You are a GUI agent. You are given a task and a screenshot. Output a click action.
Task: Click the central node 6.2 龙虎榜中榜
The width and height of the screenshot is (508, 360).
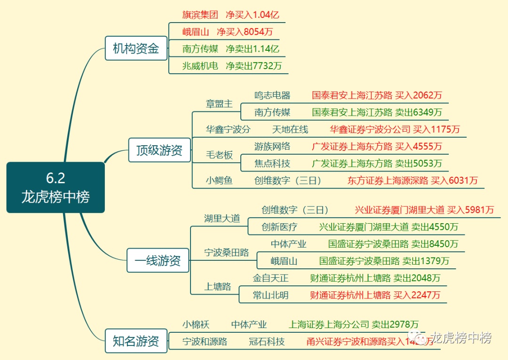(56, 187)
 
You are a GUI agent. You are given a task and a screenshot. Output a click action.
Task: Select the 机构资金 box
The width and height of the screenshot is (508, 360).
(136, 48)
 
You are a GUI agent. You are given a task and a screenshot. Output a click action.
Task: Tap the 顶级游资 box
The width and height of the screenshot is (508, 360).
(159, 150)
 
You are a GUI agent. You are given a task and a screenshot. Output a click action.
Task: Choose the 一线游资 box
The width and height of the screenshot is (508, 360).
(158, 260)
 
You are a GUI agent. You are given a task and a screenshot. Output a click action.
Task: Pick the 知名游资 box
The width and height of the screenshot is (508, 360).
(136, 341)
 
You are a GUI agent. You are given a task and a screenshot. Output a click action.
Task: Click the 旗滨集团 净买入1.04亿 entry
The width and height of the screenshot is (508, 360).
(227, 15)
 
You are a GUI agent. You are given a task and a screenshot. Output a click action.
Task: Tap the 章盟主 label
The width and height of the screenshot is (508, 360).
(219, 104)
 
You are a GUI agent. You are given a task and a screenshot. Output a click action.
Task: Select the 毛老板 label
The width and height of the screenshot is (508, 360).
(219, 155)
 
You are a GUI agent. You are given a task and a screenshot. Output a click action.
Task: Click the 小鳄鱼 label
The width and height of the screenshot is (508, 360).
(219, 180)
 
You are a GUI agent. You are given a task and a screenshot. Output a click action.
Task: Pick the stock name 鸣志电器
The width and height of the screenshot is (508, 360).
(272, 95)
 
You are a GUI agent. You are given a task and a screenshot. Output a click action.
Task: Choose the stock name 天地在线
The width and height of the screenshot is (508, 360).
(290, 129)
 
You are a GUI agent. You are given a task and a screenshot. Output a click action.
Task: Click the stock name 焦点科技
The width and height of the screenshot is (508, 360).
(272, 164)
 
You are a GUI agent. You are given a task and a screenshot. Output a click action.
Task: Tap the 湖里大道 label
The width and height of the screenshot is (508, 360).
(222, 219)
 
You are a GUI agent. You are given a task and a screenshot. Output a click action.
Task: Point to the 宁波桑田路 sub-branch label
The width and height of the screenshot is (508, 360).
(227, 252)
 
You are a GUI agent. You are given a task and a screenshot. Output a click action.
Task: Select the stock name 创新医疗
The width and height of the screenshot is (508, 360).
(279, 227)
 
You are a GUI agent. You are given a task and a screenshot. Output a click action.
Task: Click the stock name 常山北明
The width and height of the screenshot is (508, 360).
(270, 295)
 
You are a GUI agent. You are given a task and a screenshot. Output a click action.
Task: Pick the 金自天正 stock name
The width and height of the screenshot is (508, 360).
(270, 278)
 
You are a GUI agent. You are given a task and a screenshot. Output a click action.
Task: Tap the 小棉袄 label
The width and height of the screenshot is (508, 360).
(196, 324)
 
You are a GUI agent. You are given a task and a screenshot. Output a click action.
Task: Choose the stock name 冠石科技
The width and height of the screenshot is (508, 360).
(267, 342)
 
